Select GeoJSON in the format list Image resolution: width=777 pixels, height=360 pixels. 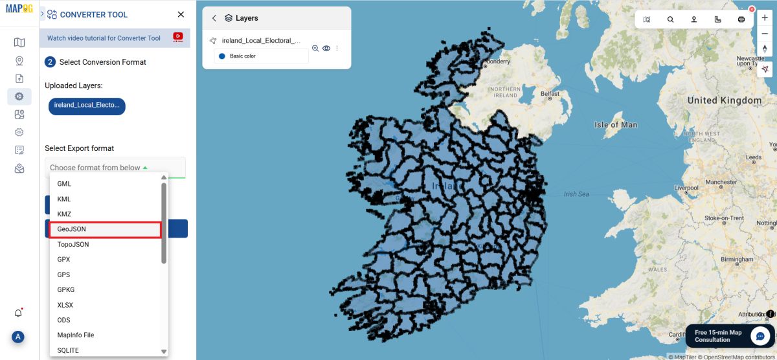point(72,229)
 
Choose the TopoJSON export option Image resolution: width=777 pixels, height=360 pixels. point(73,244)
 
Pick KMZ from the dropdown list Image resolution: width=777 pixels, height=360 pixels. point(64,214)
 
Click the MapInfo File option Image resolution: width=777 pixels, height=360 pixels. point(76,335)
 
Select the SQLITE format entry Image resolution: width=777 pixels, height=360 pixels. point(68,350)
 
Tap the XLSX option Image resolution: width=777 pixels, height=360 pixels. point(66,304)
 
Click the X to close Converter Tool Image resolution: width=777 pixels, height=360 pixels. point(181,14)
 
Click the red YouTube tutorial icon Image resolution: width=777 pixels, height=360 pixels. point(178,38)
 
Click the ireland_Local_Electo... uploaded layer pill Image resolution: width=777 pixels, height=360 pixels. point(87,106)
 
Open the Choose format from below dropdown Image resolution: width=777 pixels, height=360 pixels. point(115,168)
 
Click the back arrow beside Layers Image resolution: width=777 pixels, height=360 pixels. point(214,18)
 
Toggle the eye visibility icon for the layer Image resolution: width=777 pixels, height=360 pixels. point(326,49)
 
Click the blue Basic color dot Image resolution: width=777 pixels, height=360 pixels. point(221,56)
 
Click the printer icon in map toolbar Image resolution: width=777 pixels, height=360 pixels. point(741,19)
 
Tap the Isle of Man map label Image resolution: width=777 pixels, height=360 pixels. point(615,124)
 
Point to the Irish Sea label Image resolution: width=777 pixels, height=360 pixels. point(576,194)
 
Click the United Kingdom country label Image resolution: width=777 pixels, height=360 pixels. point(724,100)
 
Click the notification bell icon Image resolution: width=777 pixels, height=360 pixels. point(19,313)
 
